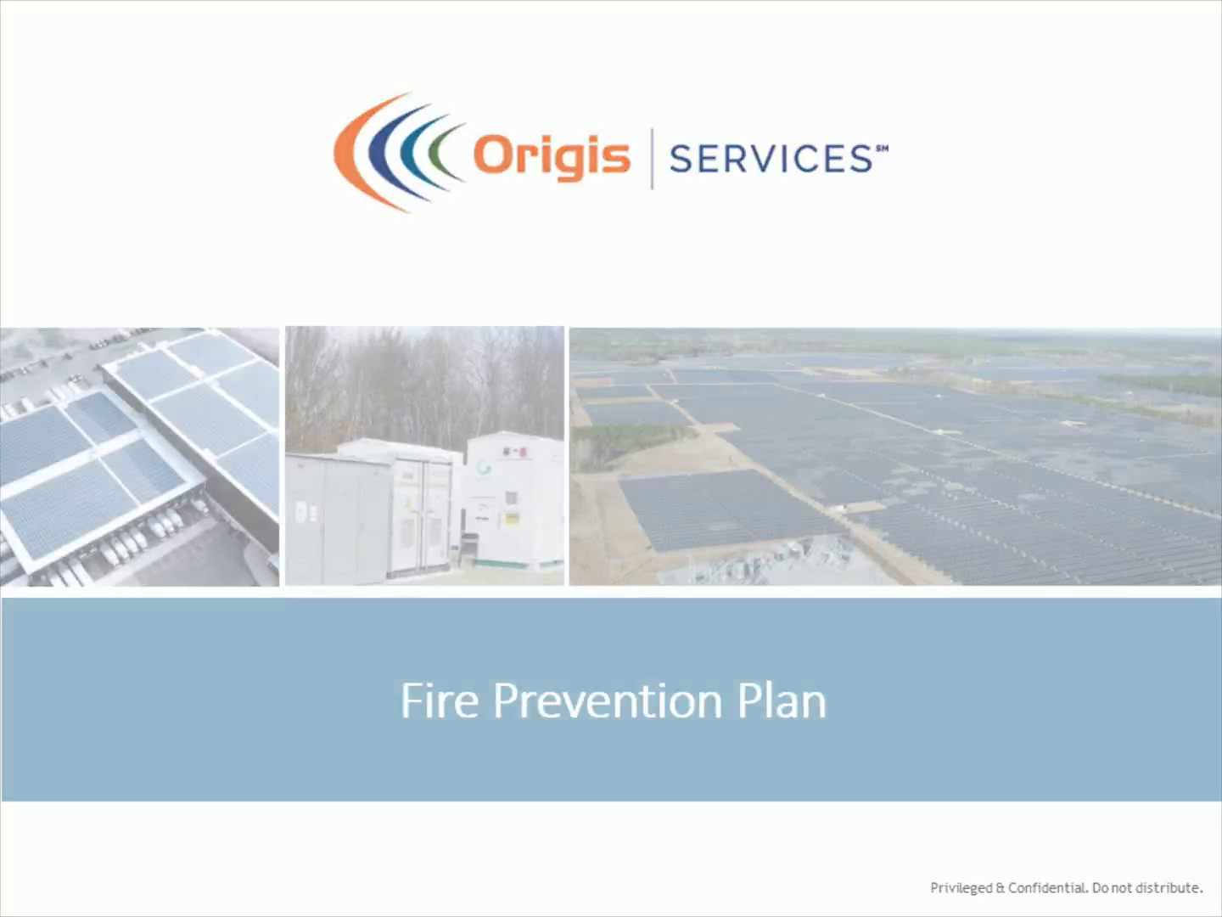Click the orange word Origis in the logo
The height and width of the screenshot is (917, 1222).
point(552,158)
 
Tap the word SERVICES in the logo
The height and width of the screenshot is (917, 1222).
point(771,159)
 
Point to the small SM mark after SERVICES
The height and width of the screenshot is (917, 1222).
point(883,149)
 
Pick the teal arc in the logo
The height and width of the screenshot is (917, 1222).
point(409,153)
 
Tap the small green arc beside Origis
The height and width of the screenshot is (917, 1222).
point(438,153)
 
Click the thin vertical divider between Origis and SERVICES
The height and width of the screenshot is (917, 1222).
point(652,159)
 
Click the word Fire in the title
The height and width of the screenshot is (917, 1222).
point(440,700)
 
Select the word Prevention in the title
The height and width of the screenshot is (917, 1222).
point(608,700)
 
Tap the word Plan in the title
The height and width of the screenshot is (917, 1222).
point(782,700)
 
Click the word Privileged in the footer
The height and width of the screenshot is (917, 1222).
point(961,888)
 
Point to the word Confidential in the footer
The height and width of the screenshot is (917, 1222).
point(1046,887)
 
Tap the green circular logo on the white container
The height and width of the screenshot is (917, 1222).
point(484,468)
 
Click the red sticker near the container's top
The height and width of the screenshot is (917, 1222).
point(521,453)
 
